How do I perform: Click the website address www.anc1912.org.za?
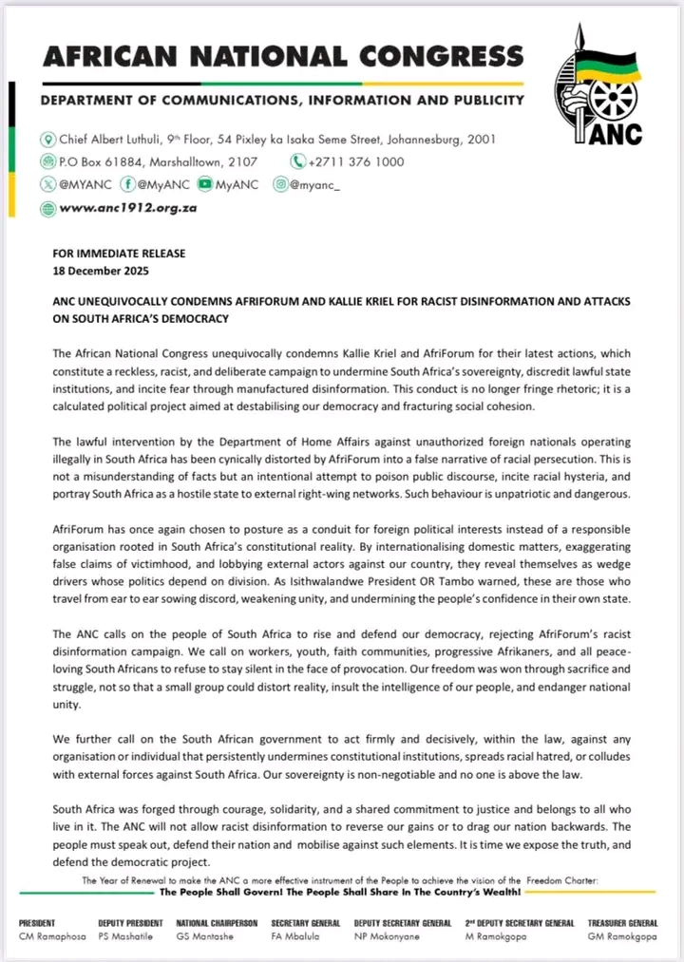tap(127, 208)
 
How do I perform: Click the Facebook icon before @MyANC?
tap(125, 185)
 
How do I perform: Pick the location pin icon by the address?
tap(48, 140)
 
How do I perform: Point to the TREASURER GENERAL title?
tap(622, 923)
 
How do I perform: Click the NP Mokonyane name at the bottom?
tap(389, 936)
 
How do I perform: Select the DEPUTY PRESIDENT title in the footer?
tap(130, 923)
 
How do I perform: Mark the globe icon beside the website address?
tap(48, 208)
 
